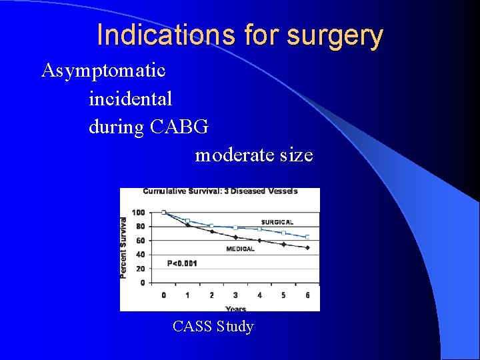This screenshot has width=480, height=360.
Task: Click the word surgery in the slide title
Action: coord(335,36)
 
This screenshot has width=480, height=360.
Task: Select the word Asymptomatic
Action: coord(103,70)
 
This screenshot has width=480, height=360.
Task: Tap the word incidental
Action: coord(131,99)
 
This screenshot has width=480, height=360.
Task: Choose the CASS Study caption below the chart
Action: coord(213,327)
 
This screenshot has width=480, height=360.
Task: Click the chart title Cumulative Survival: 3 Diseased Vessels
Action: coord(220,191)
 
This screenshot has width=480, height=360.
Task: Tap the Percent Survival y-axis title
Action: coord(124,247)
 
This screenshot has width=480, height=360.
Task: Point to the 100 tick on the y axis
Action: coord(138,213)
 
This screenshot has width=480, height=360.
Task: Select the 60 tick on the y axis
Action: coord(140,241)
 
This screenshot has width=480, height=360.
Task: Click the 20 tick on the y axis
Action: coord(140,269)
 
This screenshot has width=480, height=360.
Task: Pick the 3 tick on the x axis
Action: coord(235,295)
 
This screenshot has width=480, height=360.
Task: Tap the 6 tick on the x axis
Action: coord(307,295)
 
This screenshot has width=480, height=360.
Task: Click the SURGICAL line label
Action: coord(277,222)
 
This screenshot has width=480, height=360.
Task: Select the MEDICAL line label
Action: coord(240,249)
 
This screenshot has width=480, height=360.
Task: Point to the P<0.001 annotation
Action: coord(182,263)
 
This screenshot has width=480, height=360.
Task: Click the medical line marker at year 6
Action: coord(307,247)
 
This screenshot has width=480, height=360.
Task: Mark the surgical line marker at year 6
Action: coord(307,237)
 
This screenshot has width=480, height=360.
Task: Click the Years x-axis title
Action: coord(235,308)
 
